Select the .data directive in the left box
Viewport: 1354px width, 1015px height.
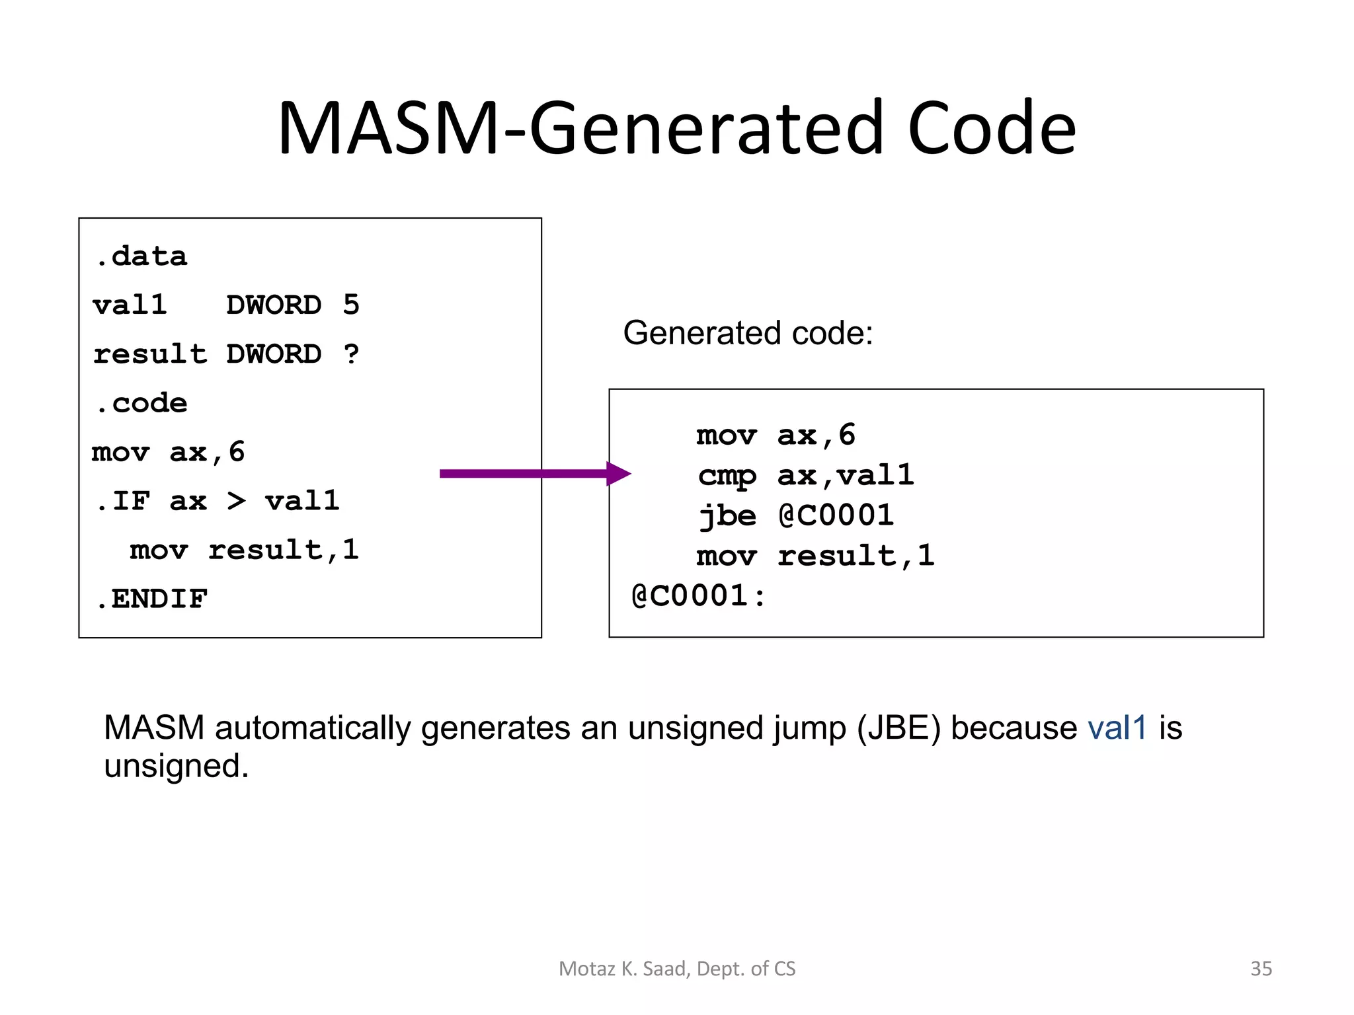point(141,256)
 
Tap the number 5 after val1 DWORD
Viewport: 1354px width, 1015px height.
point(351,305)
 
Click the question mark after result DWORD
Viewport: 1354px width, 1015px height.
point(351,354)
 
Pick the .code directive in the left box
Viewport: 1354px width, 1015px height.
point(141,403)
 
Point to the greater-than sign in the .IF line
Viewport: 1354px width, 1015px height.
point(236,501)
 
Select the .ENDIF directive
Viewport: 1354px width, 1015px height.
point(151,599)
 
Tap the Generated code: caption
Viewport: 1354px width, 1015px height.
point(748,333)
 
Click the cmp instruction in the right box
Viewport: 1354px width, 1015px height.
point(727,476)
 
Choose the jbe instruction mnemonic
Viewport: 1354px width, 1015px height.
point(727,516)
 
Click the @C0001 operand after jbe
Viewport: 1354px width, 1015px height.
point(836,516)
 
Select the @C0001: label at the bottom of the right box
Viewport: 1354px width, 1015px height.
point(698,596)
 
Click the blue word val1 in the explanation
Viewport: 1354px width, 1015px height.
point(1117,728)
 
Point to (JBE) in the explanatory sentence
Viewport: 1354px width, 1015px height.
point(898,728)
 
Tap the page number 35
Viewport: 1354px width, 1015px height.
point(1261,969)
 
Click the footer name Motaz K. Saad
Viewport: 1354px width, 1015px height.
point(624,969)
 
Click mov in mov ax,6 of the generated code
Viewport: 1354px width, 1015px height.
point(726,435)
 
